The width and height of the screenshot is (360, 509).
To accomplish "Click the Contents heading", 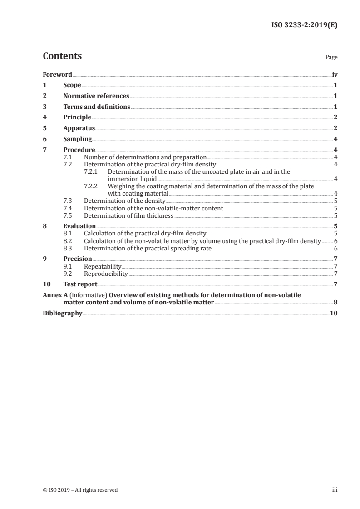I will point(62,56).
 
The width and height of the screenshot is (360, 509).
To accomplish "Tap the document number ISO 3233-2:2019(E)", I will point(304,25).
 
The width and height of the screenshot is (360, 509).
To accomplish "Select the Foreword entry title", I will point(57,74).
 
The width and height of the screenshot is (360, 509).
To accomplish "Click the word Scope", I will point(72,85).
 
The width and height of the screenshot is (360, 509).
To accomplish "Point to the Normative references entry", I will point(96,96).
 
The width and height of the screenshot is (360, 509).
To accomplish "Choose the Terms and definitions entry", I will point(97,107).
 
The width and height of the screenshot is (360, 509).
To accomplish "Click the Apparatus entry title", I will point(79,128).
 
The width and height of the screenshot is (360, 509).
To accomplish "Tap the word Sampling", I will point(78,139).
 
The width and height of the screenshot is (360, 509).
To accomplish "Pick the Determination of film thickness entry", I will point(129,215).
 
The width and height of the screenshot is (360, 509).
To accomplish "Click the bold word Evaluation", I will point(79,226).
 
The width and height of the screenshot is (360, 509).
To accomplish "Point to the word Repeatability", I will point(103,266).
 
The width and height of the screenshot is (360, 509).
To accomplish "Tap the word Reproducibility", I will point(106,274).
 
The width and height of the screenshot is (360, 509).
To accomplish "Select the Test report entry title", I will point(80,284).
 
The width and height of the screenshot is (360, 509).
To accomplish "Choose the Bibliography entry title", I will point(62,313).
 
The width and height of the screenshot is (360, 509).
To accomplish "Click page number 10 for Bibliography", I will point(334,313).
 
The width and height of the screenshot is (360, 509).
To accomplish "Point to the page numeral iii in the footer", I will point(335,490).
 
